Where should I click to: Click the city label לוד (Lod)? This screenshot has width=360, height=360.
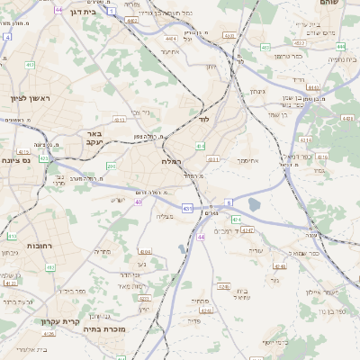203,119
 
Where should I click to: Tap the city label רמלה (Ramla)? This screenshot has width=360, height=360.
171,160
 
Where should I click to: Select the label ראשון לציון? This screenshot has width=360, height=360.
31,98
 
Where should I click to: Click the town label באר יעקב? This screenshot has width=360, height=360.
95,137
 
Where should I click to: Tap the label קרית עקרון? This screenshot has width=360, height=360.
60,320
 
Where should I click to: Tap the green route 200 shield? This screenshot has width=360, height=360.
111,166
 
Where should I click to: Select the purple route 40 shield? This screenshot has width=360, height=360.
139,202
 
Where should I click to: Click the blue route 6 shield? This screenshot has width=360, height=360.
229,203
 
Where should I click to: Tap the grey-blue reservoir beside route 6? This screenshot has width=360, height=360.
253,204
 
